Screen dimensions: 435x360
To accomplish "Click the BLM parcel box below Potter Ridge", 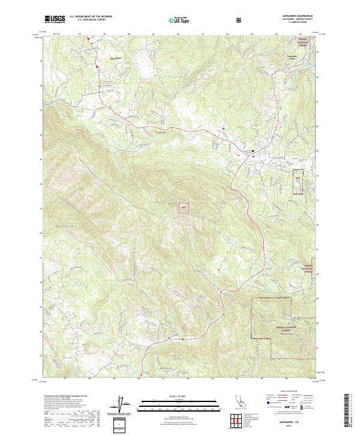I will pos(184,209).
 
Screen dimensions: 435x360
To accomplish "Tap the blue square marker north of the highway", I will pos(223,127).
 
